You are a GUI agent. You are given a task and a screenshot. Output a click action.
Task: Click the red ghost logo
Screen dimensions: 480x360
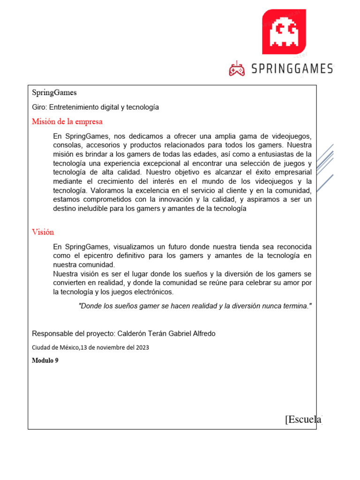point(284,31)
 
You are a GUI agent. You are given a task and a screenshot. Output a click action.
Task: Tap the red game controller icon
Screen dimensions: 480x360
point(237,69)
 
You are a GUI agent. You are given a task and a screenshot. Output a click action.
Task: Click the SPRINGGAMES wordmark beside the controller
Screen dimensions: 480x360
point(292,69)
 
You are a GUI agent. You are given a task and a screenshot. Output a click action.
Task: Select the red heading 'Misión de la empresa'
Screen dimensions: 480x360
point(67,122)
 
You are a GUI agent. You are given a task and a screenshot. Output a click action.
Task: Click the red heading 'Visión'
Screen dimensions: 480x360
point(43,232)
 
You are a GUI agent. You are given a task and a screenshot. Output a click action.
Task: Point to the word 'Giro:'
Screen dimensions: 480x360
point(39,107)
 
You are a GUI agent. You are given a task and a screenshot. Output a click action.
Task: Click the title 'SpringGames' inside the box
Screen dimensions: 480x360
point(54,93)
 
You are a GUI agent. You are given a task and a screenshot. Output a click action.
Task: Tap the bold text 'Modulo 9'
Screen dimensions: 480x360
point(45,360)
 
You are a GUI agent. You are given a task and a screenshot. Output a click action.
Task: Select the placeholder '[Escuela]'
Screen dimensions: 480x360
point(303,419)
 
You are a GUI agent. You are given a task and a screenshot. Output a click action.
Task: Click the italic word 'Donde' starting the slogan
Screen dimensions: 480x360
point(90,306)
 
